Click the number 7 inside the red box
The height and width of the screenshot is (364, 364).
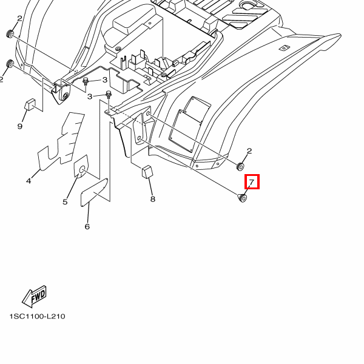(251, 182)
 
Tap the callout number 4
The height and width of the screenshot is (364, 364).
(29, 181)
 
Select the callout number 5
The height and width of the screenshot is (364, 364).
(65, 202)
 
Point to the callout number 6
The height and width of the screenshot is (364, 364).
(87, 227)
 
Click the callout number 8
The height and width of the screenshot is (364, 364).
(152, 199)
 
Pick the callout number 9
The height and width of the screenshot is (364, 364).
(19, 126)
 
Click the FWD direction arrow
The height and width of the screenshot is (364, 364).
(35, 296)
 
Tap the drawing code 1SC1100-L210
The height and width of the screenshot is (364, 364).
(37, 317)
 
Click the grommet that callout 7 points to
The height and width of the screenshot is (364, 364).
(242, 198)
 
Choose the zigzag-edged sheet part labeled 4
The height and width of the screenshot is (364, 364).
(61, 143)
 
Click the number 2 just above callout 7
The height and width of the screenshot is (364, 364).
(249, 152)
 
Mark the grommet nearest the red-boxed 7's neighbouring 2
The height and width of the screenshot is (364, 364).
(240, 166)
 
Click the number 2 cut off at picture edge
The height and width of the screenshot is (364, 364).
(2, 79)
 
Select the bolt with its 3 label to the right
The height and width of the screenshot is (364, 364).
(86, 81)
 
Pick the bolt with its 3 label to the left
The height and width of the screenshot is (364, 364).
(109, 94)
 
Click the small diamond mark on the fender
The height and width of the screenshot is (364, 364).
(282, 47)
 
